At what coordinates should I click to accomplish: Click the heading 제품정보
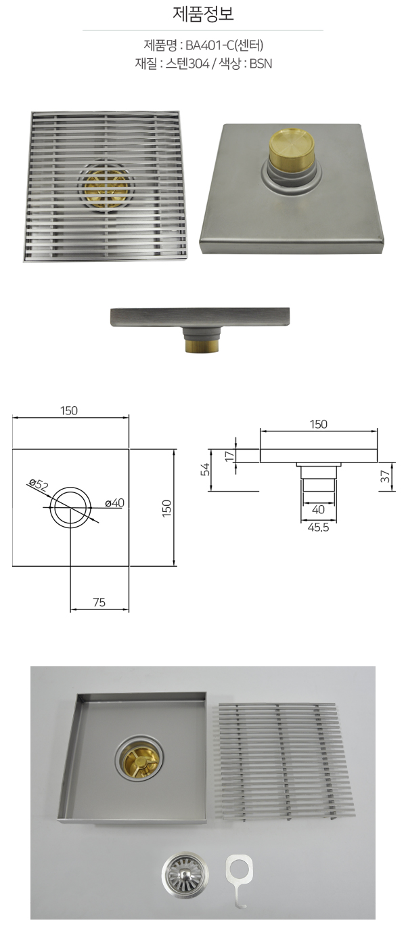pos(203,14)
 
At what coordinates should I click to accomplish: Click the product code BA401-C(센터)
pos(224,45)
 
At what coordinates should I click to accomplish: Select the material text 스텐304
pos(187,64)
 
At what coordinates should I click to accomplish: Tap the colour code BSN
pos(261,64)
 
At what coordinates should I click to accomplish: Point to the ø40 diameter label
pos(114,502)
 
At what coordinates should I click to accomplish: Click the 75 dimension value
pos(99,602)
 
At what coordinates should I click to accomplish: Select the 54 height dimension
pos(205,470)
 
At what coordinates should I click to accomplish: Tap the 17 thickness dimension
pos(229,456)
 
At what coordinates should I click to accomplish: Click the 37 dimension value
pos(385,477)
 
